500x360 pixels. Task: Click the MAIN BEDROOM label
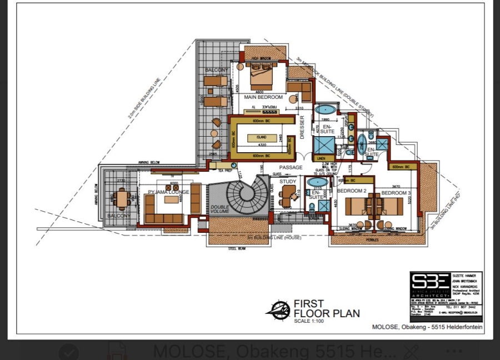pyautogui.click(x=263, y=97)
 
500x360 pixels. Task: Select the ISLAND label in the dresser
pyautogui.click(x=261, y=137)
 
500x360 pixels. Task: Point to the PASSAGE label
pyautogui.click(x=291, y=167)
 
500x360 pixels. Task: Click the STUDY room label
pyautogui.click(x=288, y=182)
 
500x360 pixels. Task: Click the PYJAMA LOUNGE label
pyautogui.click(x=169, y=192)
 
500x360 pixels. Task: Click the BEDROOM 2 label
pyautogui.click(x=351, y=191)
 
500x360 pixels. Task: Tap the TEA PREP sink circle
pyautogui.click(x=234, y=165)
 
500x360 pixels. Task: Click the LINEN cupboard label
pyautogui.click(x=322, y=158)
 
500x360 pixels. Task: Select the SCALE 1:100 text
pyautogui.click(x=310, y=321)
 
